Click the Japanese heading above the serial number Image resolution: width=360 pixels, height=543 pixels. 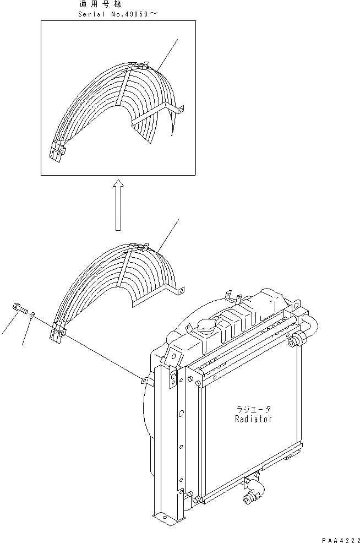tap(103, 4)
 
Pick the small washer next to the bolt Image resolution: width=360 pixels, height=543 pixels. tap(33, 315)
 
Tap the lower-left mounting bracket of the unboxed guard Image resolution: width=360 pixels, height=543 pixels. tap(59, 334)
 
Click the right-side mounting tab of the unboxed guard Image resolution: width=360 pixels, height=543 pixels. tap(180, 289)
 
